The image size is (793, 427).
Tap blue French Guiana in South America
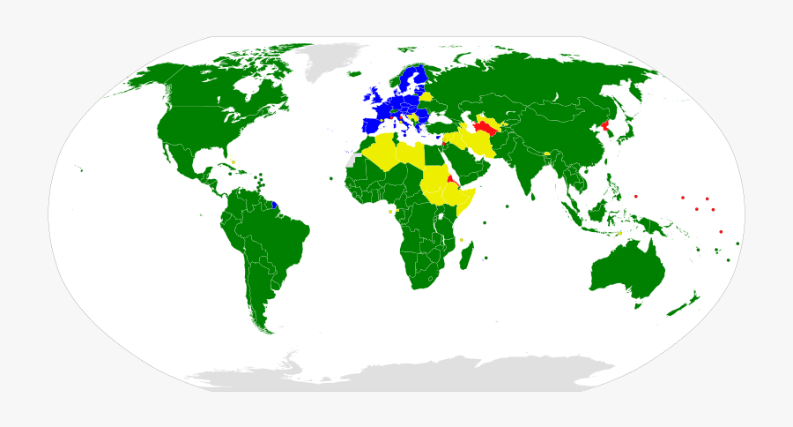tap(275, 205)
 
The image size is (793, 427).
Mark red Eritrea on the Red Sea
tap(451, 179)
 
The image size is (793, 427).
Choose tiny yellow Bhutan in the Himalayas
tap(547, 154)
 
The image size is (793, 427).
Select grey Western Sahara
tap(354, 161)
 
